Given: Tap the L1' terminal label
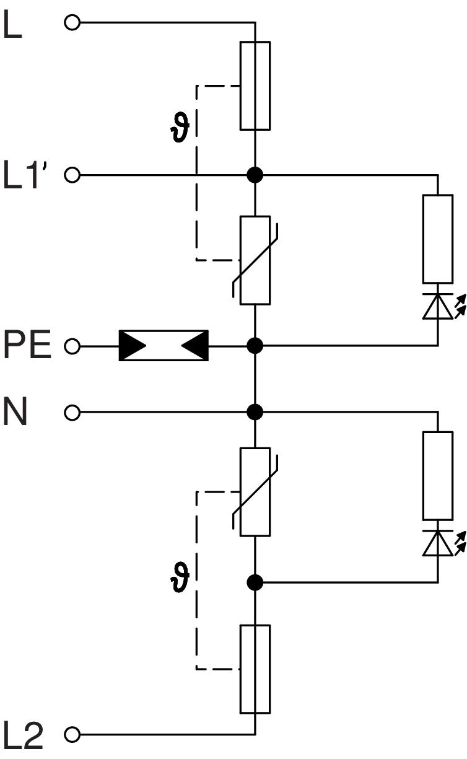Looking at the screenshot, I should pos(27,175).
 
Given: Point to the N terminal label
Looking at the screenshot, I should pos(16,411).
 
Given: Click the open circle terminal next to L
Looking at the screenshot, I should pos(72,24).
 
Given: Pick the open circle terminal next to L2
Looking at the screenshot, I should pos(72,735).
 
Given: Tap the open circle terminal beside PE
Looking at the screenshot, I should pos(72,346).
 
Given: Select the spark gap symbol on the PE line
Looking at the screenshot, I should pos(164,345).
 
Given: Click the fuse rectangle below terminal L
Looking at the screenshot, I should pos(255,86).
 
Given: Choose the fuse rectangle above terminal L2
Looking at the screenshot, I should pos(255,669).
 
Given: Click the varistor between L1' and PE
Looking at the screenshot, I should pos(255,260).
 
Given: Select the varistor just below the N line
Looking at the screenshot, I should pos(255,491).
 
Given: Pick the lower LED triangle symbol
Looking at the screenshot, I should pos(438,543).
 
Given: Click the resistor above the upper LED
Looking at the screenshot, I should pos(438,239).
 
